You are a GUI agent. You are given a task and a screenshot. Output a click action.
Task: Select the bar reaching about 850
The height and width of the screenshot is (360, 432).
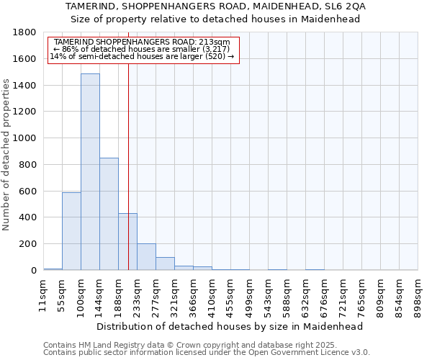click(x=109, y=214)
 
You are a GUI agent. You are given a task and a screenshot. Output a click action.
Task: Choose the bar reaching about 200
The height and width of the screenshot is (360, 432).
click(x=146, y=257)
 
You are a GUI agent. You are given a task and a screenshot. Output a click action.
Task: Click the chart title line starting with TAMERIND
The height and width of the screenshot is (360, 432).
click(x=216, y=6)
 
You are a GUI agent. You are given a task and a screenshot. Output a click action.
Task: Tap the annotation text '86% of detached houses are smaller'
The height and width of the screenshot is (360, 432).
click(x=141, y=49)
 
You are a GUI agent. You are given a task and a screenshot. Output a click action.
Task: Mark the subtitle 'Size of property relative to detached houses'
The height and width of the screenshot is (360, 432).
click(x=216, y=19)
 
